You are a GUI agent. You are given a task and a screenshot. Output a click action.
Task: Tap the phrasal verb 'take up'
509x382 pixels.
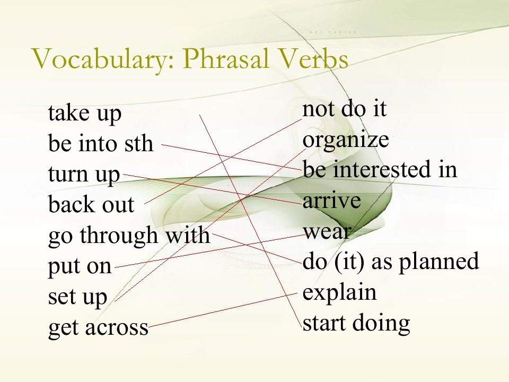pyautogui.click(x=85, y=114)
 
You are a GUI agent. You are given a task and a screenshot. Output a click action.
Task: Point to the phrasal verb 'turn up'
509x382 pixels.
pyautogui.click(x=84, y=175)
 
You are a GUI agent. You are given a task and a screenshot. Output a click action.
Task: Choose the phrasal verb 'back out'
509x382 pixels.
pyautogui.click(x=91, y=204)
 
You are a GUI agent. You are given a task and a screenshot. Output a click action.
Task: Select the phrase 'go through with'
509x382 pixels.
pyautogui.click(x=129, y=235)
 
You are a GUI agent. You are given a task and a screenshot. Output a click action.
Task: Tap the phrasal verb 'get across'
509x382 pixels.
pyautogui.click(x=99, y=327)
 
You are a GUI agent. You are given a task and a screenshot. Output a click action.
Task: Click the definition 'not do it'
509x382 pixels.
pyautogui.click(x=345, y=109)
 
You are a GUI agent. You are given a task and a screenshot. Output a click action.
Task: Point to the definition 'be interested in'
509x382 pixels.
pyautogui.click(x=380, y=169)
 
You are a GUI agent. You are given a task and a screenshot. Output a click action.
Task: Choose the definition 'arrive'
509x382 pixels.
pyautogui.click(x=331, y=201)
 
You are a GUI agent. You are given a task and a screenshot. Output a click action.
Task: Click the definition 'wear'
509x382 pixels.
pyautogui.click(x=327, y=232)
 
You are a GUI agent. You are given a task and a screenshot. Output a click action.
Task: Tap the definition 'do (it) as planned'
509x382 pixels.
pyautogui.click(x=391, y=262)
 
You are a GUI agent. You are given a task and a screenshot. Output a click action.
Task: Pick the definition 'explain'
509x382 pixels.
pyautogui.click(x=339, y=293)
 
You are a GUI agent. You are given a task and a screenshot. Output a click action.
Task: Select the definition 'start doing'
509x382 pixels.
pyautogui.click(x=356, y=324)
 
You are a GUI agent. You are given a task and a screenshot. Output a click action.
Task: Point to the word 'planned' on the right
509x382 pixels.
pyautogui.click(x=439, y=262)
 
